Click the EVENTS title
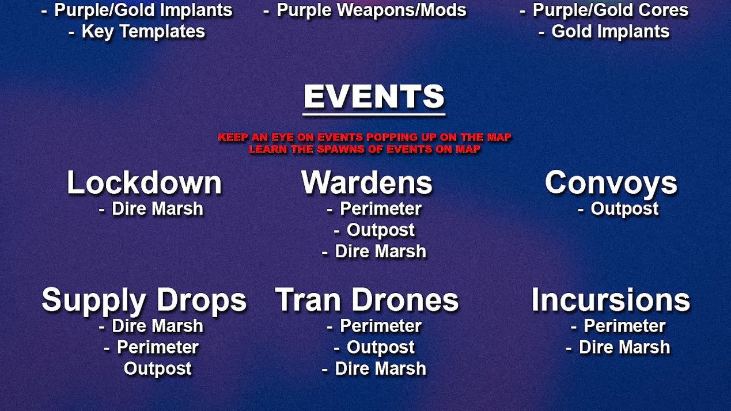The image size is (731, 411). [374, 96]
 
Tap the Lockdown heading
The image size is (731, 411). [144, 182]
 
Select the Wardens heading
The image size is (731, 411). [367, 182]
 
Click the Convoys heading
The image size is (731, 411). [611, 183]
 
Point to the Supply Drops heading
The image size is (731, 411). [144, 300]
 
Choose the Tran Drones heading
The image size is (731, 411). [367, 300]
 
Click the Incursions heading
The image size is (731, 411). [611, 300]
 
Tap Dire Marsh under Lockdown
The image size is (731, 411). [157, 209]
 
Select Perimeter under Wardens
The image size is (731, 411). [381, 209]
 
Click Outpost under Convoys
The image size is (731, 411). [624, 210]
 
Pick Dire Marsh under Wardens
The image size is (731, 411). [381, 252]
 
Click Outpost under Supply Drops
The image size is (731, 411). [158, 369]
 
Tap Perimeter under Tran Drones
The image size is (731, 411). [381, 326]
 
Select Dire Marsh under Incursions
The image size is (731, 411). [624, 348]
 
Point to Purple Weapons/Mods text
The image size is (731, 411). [372, 10]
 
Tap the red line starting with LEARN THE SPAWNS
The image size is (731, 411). [365, 149]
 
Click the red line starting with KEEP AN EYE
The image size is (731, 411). [365, 137]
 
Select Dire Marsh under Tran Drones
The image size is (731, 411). [381, 369]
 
